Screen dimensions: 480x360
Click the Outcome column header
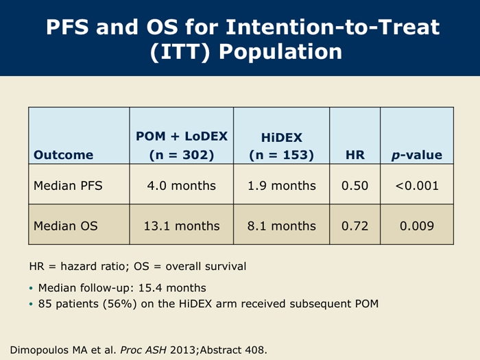63,155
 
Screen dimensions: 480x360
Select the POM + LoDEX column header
182,145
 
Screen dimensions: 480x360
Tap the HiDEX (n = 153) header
281,146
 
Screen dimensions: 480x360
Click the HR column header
355,155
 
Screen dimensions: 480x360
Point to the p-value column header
417,155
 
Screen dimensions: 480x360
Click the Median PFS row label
68,186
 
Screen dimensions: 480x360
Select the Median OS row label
66,226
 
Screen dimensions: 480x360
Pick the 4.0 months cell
182,186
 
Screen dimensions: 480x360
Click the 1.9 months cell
282,186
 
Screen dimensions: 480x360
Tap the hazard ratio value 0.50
355,186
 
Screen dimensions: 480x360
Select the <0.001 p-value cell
417,186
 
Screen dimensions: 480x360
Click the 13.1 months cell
182,226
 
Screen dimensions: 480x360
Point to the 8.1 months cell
282,226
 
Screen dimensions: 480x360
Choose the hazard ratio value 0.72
355,226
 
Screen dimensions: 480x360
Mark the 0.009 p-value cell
417,226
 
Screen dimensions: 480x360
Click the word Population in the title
280,51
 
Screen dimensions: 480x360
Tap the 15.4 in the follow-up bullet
150,288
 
